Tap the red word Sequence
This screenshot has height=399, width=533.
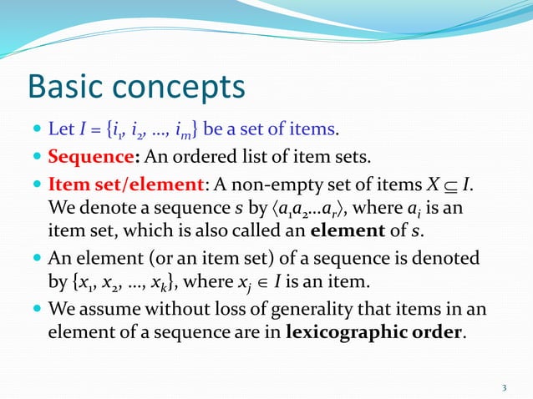coord(84,155)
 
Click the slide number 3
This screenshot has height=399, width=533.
coord(504,386)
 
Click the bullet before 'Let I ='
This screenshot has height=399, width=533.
coord(33,129)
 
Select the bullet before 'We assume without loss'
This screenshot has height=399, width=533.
coord(33,308)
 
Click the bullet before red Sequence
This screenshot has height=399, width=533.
coord(33,156)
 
